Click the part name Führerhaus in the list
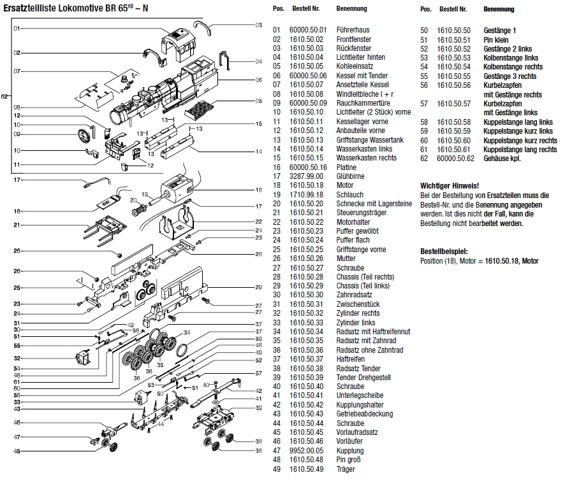(x=353, y=30)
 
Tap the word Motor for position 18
(x=345, y=185)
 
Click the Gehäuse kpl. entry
(x=502, y=159)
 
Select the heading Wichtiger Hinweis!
(x=450, y=185)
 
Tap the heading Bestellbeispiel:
(x=445, y=252)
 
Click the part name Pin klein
(x=497, y=39)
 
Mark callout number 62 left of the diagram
(x=4, y=96)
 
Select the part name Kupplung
(x=349, y=451)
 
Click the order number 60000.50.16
(x=308, y=167)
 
